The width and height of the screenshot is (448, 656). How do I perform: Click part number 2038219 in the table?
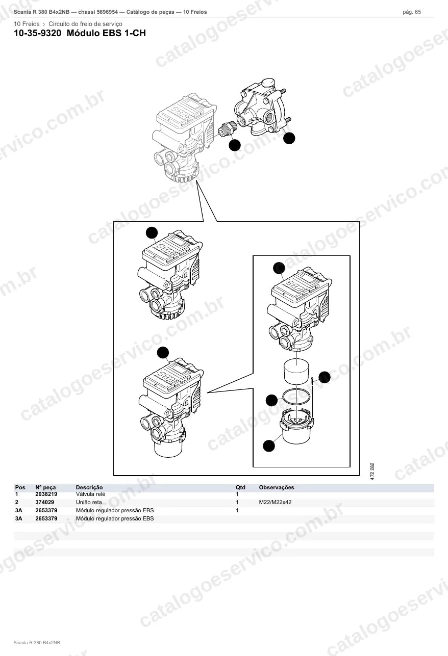(x=46, y=494)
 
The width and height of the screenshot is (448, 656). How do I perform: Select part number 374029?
(x=44, y=502)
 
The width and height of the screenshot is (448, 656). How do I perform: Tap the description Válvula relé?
(x=90, y=494)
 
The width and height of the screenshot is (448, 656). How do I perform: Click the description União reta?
(x=89, y=502)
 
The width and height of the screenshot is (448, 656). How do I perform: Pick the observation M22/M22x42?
(x=275, y=502)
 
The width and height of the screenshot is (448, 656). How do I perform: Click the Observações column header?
(x=276, y=487)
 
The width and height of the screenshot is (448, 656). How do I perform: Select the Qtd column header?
(x=240, y=487)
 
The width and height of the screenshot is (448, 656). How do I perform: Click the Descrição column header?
(x=89, y=487)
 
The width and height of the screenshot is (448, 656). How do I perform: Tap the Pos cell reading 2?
(x=17, y=502)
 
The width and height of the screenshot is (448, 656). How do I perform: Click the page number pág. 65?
(x=412, y=12)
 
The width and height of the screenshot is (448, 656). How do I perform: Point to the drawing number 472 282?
(x=372, y=471)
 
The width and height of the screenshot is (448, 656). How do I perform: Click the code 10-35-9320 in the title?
(x=38, y=33)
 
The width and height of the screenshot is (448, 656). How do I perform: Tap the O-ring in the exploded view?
(x=296, y=397)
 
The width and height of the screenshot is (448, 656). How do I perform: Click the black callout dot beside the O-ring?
(x=271, y=400)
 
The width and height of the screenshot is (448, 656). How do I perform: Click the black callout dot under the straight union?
(x=235, y=145)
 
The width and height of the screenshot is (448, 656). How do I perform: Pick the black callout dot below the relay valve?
(x=289, y=138)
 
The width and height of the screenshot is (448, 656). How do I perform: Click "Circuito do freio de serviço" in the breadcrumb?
(x=85, y=24)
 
